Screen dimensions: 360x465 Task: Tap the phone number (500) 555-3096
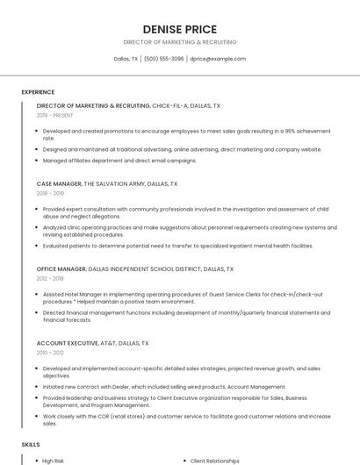click(164, 59)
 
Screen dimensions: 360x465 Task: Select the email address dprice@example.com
click(218, 59)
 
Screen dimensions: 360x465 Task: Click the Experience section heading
click(38, 92)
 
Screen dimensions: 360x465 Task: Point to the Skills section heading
click(31, 446)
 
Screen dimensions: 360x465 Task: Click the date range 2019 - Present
click(55, 115)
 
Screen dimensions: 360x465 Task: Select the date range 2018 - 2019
click(50, 193)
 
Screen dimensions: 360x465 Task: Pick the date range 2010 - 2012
click(50, 352)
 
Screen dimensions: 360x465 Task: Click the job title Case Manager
click(59, 184)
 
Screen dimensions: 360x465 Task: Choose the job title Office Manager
click(61, 268)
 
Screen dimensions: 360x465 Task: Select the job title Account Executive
click(67, 343)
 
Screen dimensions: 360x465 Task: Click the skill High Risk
click(54, 461)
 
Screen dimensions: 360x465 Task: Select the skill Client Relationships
click(215, 461)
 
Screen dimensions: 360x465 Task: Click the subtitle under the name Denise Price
click(179, 42)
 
